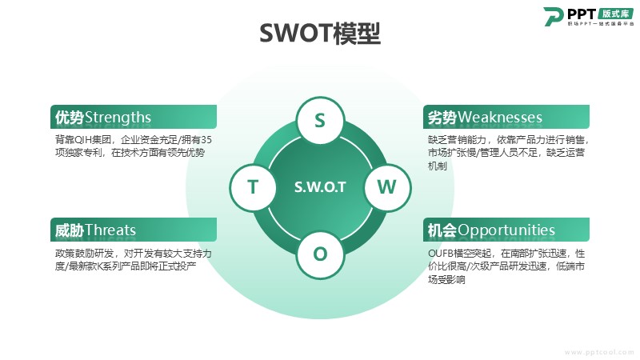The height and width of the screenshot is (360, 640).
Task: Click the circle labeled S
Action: pos(320,121)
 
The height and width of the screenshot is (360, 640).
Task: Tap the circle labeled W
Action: pos(387,187)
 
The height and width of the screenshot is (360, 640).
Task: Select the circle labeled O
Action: pos(320,254)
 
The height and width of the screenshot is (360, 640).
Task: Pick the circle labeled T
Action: pos(253,187)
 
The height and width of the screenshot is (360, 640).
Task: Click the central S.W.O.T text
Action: pos(320,187)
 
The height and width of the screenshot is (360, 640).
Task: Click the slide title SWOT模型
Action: pos(320,33)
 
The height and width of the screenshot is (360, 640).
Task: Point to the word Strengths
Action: pos(118,118)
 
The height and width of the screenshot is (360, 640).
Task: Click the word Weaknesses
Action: pos(499,118)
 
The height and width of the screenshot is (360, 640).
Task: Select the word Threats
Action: pos(110,230)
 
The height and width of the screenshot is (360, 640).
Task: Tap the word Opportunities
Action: pos(506,230)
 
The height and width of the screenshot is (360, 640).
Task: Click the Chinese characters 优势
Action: pos(70,118)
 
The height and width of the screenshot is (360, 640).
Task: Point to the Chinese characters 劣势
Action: pos(442,118)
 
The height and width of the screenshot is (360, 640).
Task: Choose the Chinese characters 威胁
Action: pos(70,230)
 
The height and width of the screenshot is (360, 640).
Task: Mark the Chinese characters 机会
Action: pos(442,230)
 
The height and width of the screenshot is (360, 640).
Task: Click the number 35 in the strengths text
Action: pos(206,140)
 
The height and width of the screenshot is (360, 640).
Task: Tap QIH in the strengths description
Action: pos(83,140)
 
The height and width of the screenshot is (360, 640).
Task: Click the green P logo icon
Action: pos(553,16)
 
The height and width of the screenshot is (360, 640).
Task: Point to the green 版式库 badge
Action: pos(616,13)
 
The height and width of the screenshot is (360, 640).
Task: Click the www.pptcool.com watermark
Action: pos(599,352)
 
